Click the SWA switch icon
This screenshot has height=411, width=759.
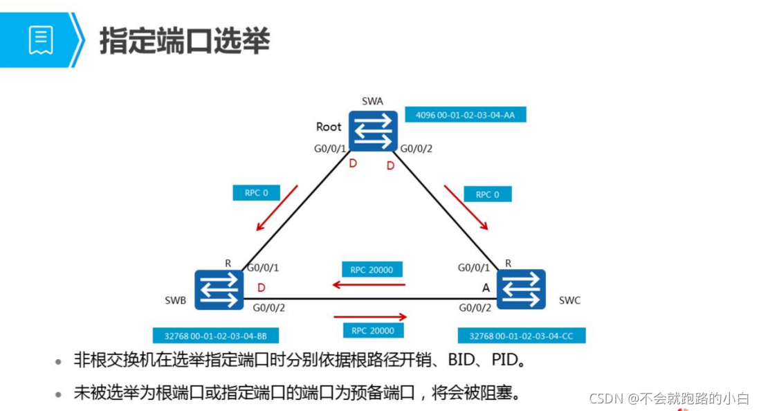tap(373, 131)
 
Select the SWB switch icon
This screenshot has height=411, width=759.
tap(219, 289)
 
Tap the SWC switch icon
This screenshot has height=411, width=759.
tap(521, 289)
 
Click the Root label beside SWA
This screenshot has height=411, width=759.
tap(329, 127)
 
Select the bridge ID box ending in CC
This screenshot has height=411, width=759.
tap(522, 336)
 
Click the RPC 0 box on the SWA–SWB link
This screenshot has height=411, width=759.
tap(256, 193)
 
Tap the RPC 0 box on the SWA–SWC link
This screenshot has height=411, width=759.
tap(487, 194)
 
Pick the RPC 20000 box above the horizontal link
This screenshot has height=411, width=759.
tap(372, 270)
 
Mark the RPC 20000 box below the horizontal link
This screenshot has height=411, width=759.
tap(372, 331)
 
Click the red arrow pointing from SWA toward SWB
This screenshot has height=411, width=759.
tap(277, 208)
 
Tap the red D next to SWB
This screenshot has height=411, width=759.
tap(262, 286)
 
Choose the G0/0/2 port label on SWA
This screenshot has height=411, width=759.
tap(417, 148)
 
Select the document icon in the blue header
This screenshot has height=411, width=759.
tap(40, 40)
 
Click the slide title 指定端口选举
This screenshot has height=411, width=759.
tap(185, 41)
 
